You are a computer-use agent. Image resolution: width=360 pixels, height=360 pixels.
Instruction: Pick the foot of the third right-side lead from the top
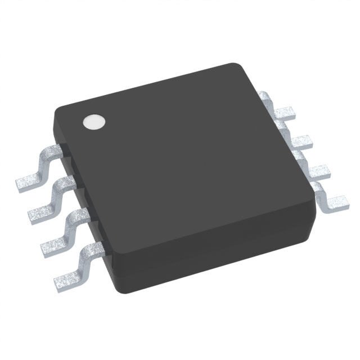pos(316,168)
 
